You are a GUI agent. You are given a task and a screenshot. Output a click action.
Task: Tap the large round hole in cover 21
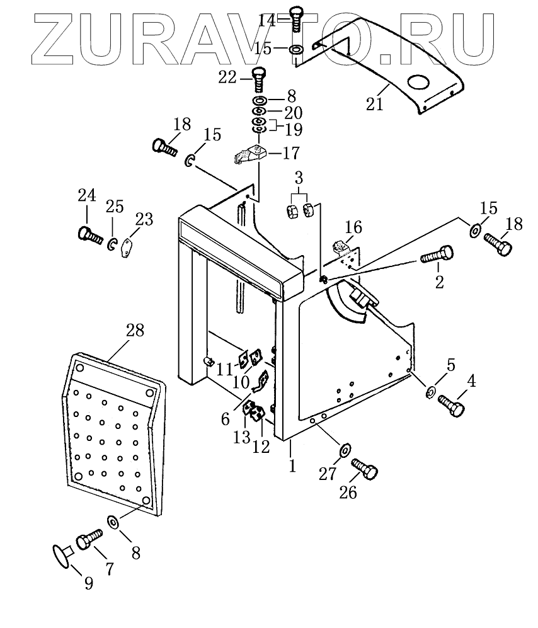(418, 83)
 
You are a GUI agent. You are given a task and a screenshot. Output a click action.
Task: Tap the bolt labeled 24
(89, 235)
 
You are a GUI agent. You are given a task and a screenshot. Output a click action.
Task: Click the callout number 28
(135, 330)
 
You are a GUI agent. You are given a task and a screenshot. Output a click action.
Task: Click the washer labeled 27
(344, 451)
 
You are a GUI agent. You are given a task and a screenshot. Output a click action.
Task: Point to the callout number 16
(354, 227)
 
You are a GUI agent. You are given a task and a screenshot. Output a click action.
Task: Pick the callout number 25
(114, 207)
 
